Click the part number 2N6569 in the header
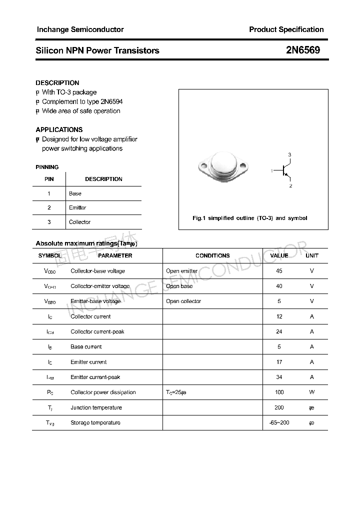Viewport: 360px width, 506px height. coord(303,50)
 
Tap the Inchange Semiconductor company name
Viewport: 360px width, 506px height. coord(80,29)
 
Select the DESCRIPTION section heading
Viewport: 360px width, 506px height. coord(57,83)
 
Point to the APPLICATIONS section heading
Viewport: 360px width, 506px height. coord(59,129)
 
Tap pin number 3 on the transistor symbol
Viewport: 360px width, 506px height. coord(289,155)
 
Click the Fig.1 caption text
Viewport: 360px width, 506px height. coord(250,218)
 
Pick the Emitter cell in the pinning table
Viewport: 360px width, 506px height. coord(77,207)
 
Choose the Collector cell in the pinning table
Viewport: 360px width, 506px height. coord(79,222)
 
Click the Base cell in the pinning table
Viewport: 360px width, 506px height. coord(75,193)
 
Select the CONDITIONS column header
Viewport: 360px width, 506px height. coord(212,255)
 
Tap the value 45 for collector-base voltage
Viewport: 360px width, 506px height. coord(279,271)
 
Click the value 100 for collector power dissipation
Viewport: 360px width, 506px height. coord(279,392)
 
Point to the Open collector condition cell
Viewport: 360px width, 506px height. coord(183,301)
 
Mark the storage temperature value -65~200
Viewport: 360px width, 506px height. coord(279,423)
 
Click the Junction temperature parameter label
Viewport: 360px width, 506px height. coord(96,407)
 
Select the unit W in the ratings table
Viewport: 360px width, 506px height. coord(312,392)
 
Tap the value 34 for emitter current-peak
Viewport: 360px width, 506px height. coord(279,377)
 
